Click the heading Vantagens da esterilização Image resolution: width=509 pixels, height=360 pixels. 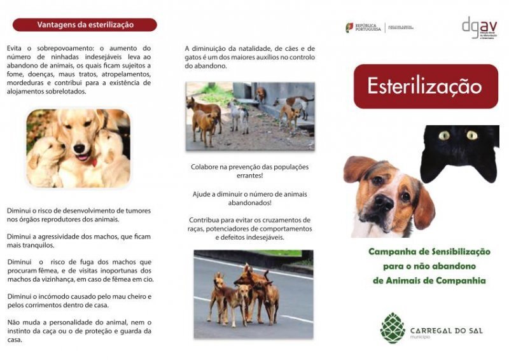(85, 25)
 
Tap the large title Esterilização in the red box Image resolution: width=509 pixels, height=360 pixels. (425, 87)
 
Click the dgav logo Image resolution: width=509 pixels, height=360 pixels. (478, 27)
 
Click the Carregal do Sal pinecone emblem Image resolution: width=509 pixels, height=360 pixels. (392, 328)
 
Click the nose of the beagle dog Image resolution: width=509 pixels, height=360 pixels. (384, 204)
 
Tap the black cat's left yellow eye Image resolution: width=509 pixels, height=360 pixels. (443, 135)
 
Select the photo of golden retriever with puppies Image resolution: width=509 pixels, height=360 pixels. (78, 148)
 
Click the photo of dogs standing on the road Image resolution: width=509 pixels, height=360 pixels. (253, 294)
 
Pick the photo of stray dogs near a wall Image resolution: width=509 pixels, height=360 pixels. (250, 116)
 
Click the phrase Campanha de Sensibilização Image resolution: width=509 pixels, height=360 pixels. (429, 252)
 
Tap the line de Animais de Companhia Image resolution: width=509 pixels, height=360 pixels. (429, 280)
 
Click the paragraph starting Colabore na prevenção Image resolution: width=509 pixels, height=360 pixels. (250, 171)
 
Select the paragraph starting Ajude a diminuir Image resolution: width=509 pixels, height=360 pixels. (250, 198)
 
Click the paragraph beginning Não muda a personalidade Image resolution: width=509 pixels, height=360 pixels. (79, 331)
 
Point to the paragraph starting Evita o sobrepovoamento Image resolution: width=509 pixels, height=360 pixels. (79, 69)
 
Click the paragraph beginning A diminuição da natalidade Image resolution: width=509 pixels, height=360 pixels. (250, 57)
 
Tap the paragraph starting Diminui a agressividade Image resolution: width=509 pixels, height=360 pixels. (79, 240)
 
